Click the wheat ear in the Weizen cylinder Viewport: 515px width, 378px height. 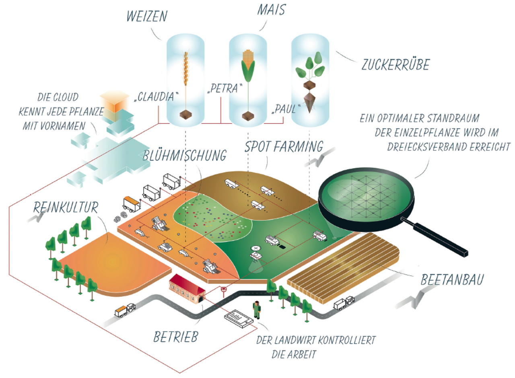(x=186, y=69)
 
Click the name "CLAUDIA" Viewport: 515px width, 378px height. (x=157, y=98)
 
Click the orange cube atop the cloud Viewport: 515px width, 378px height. (x=111, y=102)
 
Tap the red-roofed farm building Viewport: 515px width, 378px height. (x=187, y=288)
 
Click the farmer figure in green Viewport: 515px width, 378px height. (x=255, y=310)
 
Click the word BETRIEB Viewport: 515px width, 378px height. (x=176, y=337)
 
